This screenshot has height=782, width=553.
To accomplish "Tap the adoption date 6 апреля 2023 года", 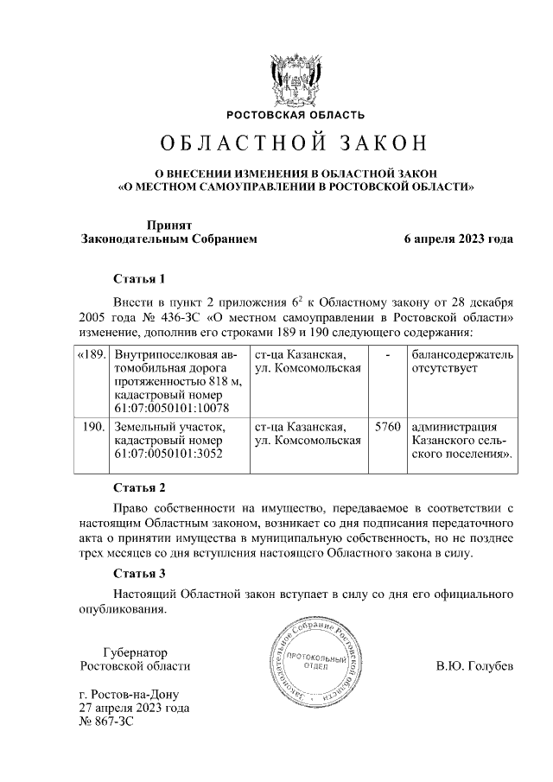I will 458,239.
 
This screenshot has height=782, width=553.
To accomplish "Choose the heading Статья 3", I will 139,573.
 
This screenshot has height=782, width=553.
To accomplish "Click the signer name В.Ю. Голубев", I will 474,667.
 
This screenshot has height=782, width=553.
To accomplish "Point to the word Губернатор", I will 135,652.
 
